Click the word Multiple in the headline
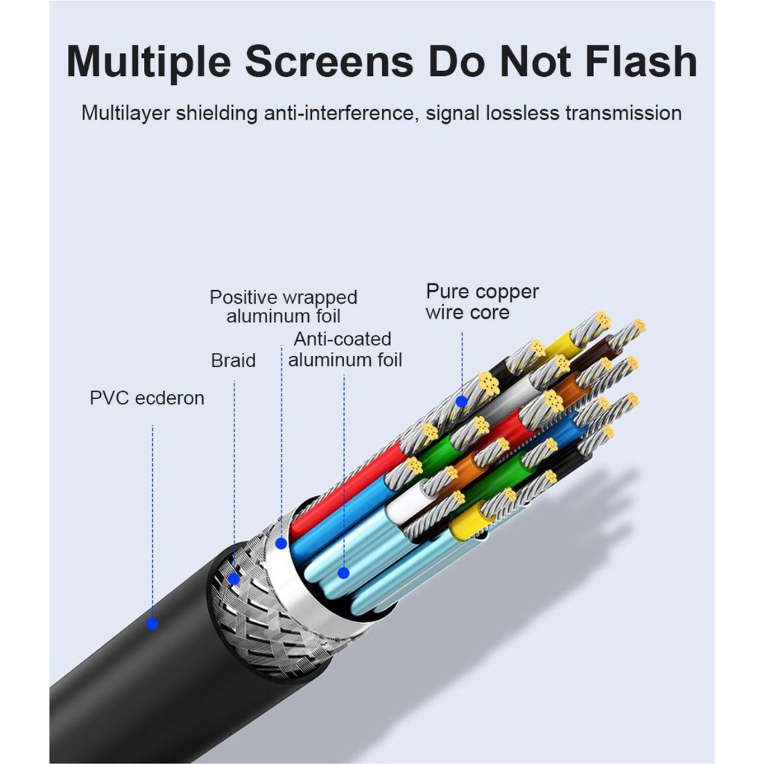pyautogui.click(x=150, y=62)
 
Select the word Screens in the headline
pyautogui.click(x=329, y=62)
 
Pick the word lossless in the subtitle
pyautogui.click(x=522, y=113)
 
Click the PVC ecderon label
pyautogui.click(x=147, y=398)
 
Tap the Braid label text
pyautogui.click(x=234, y=361)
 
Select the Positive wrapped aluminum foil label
pyautogui.click(x=284, y=307)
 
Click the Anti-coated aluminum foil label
pyautogui.click(x=345, y=349)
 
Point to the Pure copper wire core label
pyautogui.click(x=482, y=301)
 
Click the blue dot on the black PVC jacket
pyautogui.click(x=153, y=623)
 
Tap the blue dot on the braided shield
pyautogui.click(x=234, y=578)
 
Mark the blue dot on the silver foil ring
pyautogui.click(x=281, y=543)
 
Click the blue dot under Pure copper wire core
pyautogui.click(x=462, y=401)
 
